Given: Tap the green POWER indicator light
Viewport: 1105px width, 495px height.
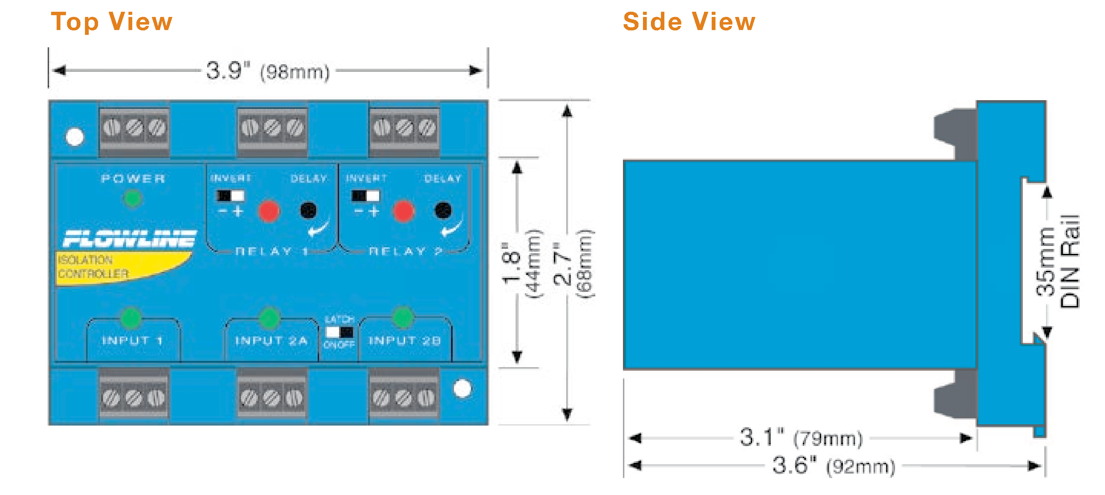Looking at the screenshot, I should [x=132, y=198].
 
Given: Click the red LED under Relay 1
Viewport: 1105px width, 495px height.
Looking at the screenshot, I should [x=269, y=211].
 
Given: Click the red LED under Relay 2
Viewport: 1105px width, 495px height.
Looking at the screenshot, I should [x=403, y=211].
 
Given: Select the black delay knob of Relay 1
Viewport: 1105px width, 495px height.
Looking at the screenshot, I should [x=308, y=210].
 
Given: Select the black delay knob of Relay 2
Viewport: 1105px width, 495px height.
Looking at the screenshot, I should [x=443, y=210].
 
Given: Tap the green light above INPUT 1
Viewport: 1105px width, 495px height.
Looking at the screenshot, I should [x=131, y=318].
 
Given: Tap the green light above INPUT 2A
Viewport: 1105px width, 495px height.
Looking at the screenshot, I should [x=269, y=318].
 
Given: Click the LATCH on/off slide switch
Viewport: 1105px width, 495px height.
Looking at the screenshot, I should [x=339, y=332].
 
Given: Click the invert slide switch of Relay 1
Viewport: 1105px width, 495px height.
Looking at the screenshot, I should [x=231, y=196].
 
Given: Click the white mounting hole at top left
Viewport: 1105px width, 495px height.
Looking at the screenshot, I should [x=75, y=137].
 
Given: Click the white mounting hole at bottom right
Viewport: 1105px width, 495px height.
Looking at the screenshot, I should [x=462, y=389].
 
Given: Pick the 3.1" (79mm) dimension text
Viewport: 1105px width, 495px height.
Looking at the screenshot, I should [x=800, y=438].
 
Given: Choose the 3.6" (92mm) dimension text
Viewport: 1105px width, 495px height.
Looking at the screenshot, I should [x=834, y=465].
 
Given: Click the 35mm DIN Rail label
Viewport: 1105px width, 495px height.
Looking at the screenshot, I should [x=1057, y=261].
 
